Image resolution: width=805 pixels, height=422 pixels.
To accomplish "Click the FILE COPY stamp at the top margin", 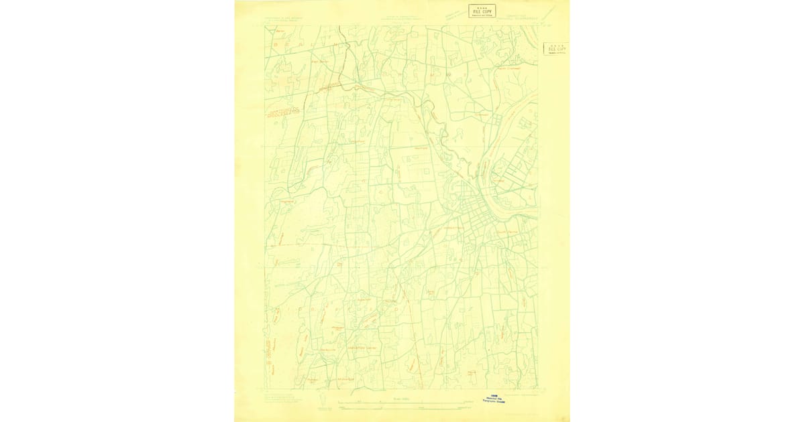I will coord(482,11).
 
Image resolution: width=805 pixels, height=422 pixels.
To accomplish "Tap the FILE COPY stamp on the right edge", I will coord(556,48).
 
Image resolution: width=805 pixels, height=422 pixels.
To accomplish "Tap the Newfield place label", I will coord(421,149).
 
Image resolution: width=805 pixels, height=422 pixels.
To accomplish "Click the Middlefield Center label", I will coord(360,348).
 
